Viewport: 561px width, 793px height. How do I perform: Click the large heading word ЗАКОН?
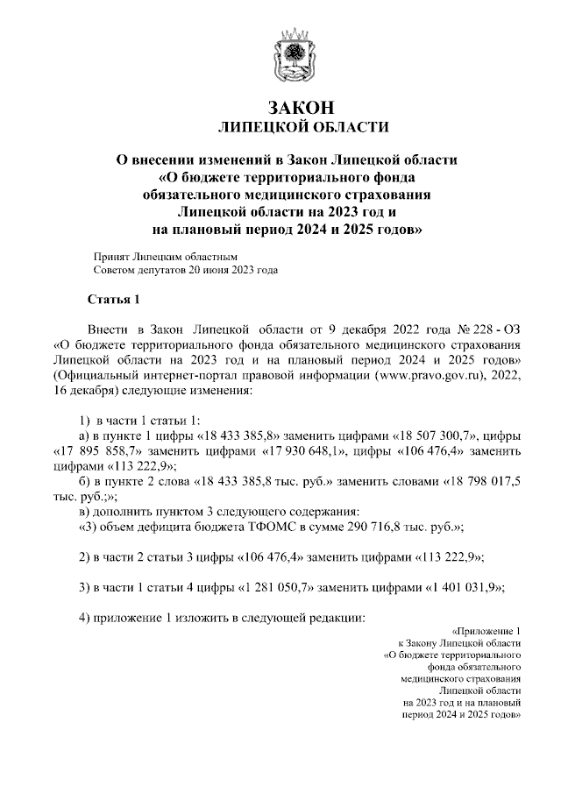pyautogui.click(x=302, y=108)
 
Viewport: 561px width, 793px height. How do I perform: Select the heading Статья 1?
pyautogui.click(x=114, y=301)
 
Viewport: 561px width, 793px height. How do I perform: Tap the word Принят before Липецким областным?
pyautogui.click(x=111, y=257)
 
